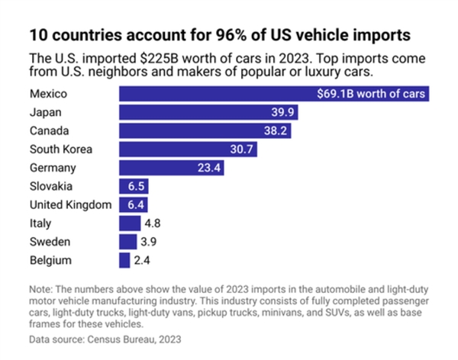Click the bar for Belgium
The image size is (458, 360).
coord(124,260)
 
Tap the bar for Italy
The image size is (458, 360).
coord(128,223)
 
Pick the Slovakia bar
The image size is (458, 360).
coord(133,186)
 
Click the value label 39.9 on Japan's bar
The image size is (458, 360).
coord(282,113)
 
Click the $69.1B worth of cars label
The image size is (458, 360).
coord(372,95)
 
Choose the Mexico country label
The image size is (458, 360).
coord(48,95)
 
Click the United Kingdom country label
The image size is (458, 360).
coord(70,205)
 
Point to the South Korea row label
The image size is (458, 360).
coord(60,149)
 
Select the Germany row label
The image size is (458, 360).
coord(53,168)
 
